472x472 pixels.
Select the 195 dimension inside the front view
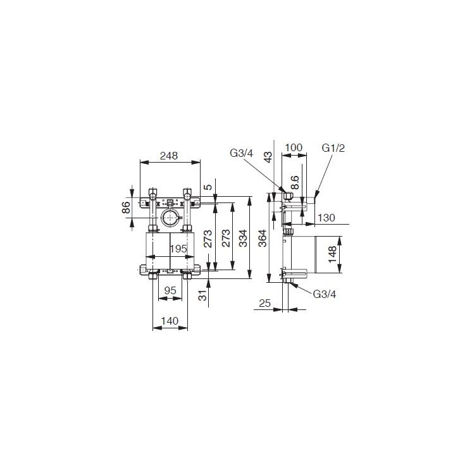point(179,249)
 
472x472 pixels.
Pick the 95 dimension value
point(170,290)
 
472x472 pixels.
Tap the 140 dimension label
point(170,321)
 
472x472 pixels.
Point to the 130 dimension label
point(326,217)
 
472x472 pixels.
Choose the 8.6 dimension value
point(295,183)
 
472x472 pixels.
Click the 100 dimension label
point(294,147)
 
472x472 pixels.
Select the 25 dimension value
point(264,304)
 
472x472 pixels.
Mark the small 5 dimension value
point(207,187)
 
